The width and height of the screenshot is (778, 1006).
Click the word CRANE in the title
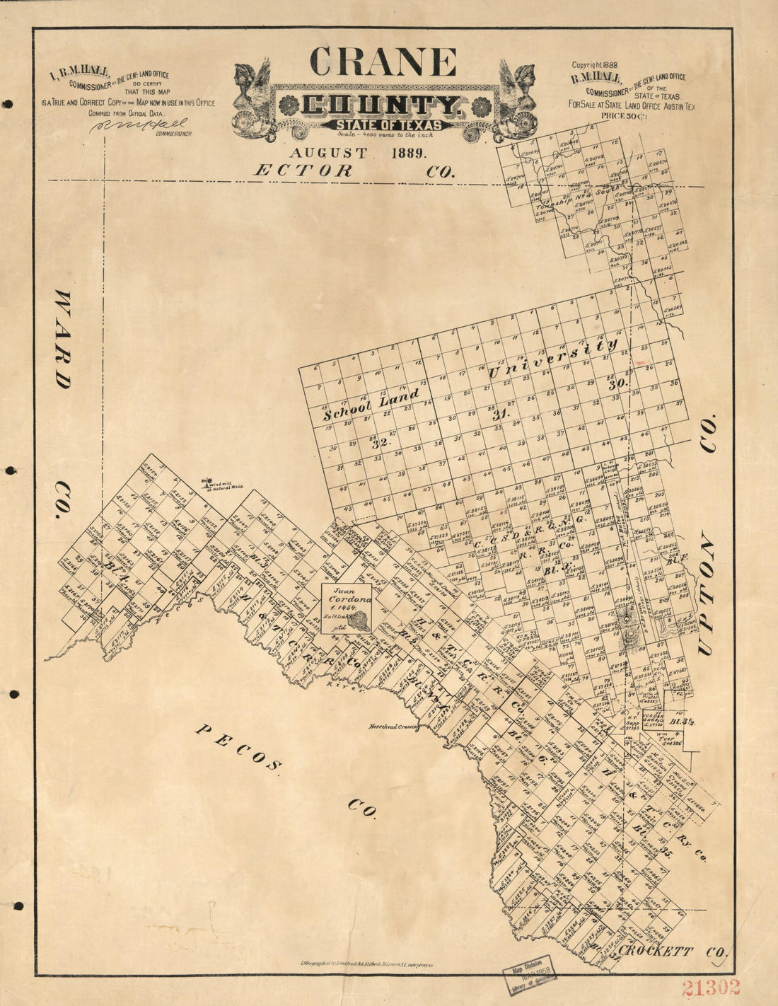click(x=382, y=62)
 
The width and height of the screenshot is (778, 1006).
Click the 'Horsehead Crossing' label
click(x=393, y=727)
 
